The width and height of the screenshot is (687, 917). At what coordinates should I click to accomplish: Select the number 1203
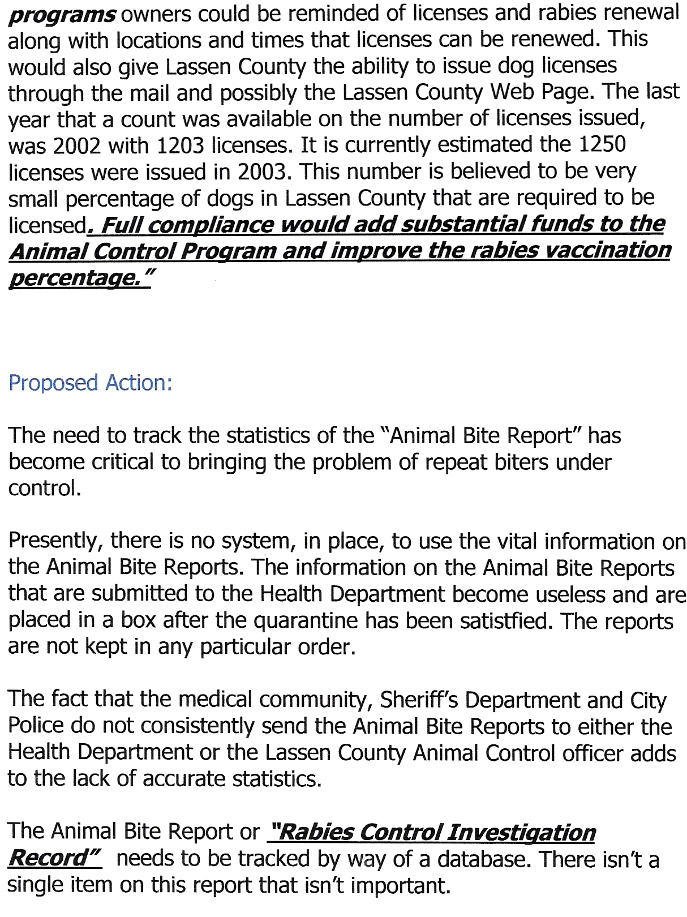(x=180, y=145)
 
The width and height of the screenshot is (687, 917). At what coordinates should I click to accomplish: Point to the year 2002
(x=77, y=145)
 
